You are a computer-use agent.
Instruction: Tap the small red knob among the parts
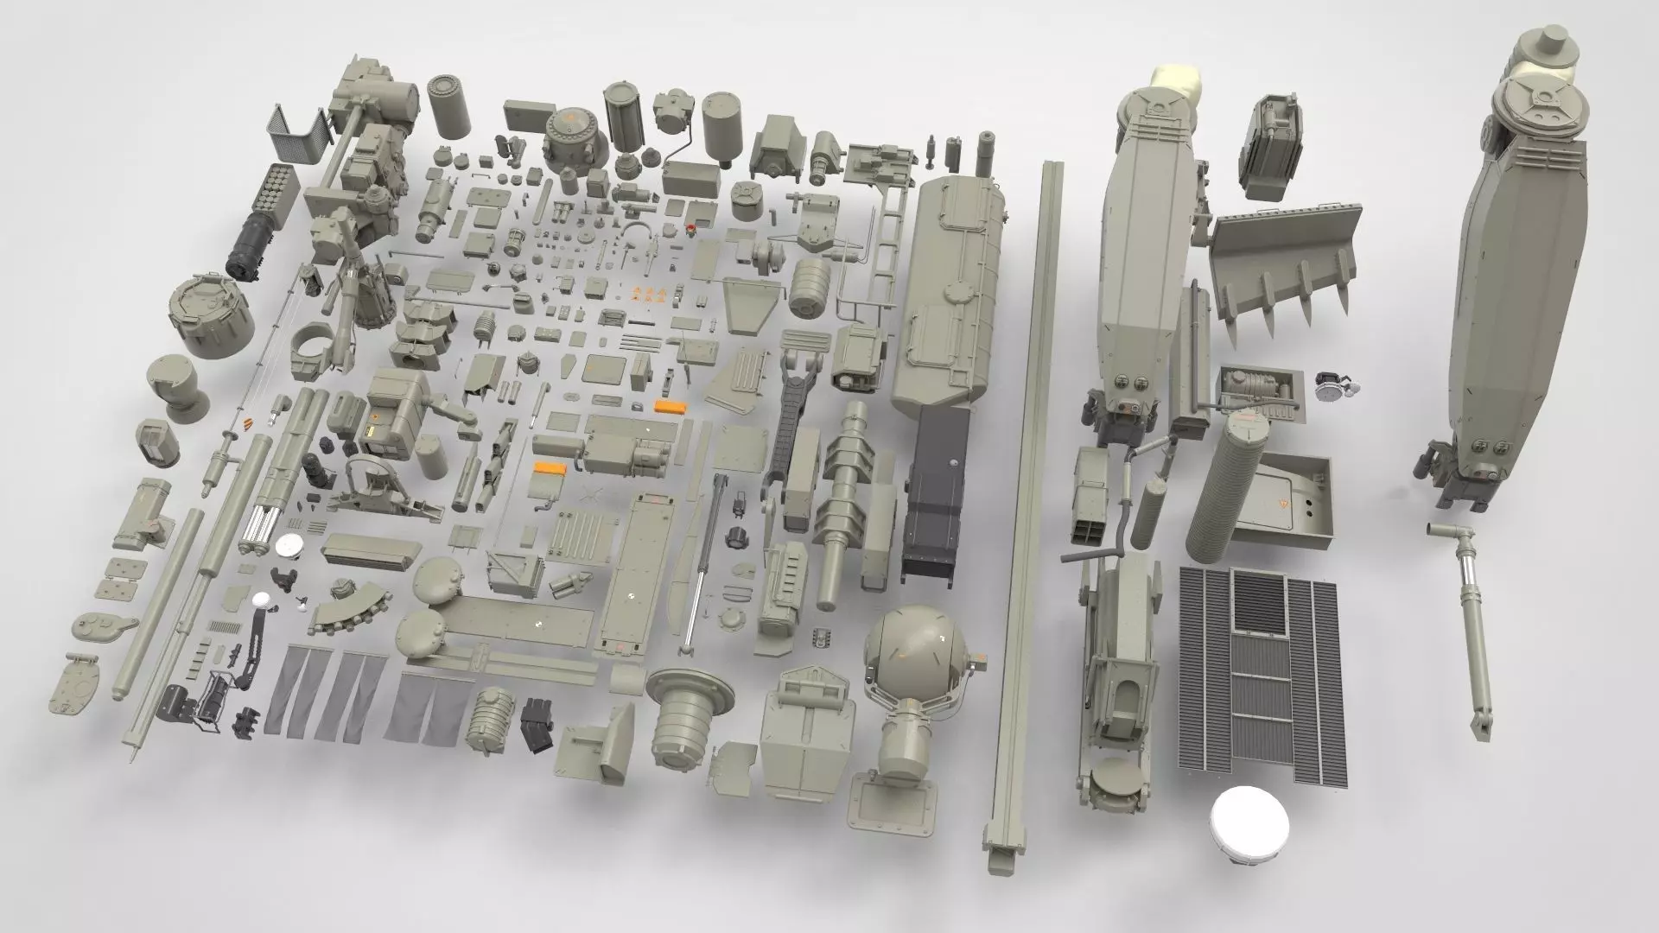tap(690, 228)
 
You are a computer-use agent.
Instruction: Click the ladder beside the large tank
tap(882, 251)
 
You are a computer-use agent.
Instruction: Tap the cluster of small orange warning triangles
tap(649, 294)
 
